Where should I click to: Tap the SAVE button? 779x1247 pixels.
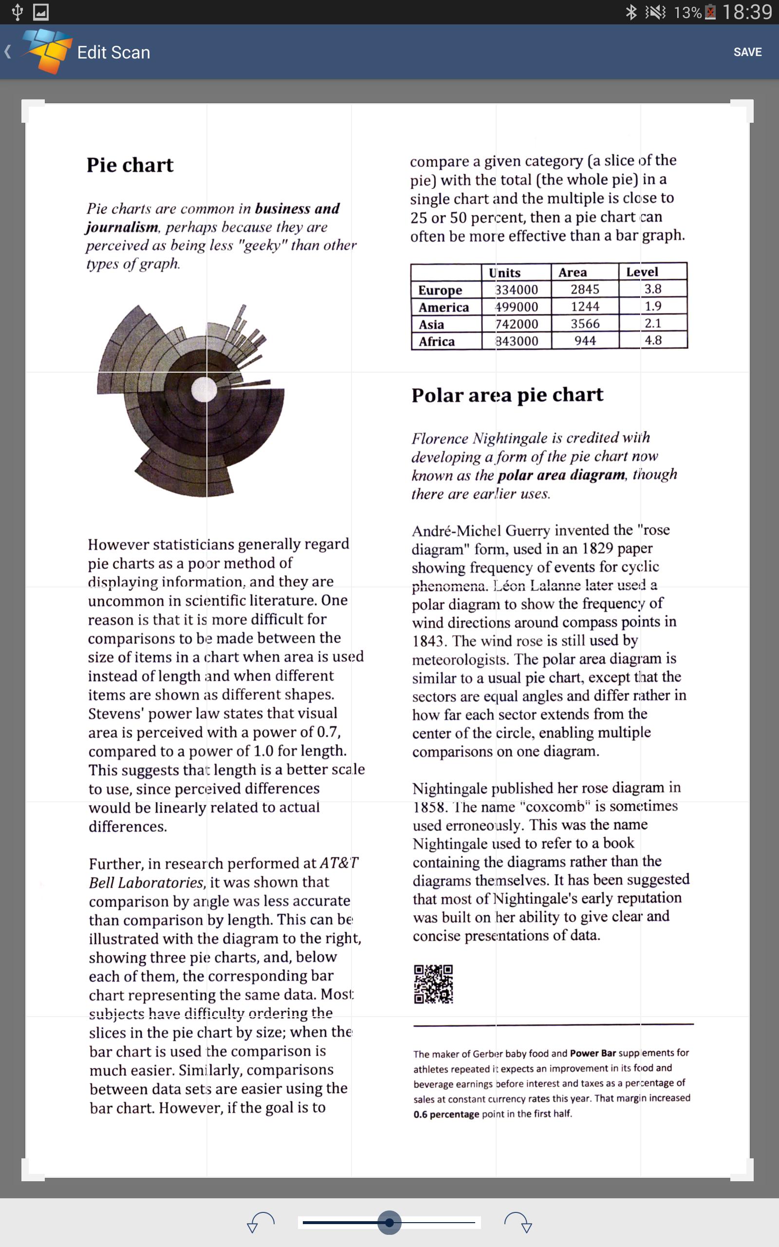[747, 52]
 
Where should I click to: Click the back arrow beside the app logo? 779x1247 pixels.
[8, 52]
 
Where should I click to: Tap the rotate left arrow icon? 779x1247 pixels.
[260, 1222]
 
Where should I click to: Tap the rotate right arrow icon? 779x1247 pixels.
[519, 1222]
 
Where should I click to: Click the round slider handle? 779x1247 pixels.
[389, 1222]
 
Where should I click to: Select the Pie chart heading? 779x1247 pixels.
[130, 165]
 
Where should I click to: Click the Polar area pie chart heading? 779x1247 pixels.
[507, 395]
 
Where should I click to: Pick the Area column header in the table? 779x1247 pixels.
[573, 272]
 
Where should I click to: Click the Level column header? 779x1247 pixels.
[642, 271]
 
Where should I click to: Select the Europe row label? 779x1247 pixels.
[440, 290]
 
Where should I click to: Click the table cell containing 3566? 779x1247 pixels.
[585, 323]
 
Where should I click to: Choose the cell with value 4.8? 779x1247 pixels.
[653, 340]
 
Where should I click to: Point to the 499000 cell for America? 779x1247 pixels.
[516, 306]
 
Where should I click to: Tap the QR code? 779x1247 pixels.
[433, 984]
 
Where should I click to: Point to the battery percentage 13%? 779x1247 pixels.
[687, 12]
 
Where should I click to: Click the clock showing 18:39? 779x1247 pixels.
[746, 12]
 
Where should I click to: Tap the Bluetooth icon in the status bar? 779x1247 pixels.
[631, 12]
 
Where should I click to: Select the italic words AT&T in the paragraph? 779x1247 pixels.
[339, 863]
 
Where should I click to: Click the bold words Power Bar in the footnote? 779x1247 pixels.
[593, 1053]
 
